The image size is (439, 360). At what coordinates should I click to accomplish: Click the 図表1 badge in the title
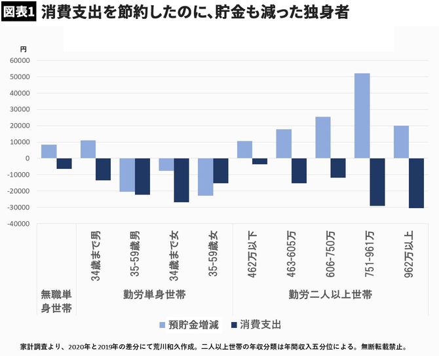tap(19, 13)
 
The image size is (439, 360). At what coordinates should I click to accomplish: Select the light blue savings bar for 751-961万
tap(362, 116)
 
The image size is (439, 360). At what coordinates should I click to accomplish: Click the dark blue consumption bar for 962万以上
tap(416, 183)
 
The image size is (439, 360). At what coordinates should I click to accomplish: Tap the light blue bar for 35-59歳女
tap(205, 177)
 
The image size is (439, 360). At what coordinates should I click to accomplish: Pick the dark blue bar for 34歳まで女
tap(181, 180)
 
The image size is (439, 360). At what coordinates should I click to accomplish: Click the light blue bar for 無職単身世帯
tap(48, 151)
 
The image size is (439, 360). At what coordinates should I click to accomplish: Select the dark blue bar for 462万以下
tap(259, 161)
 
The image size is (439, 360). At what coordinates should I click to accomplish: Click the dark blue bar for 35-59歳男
tap(142, 176)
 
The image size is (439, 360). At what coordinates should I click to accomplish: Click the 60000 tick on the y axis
tap(19, 60)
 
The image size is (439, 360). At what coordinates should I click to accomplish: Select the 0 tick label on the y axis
tap(28, 158)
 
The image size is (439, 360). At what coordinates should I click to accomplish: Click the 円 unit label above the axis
tap(24, 49)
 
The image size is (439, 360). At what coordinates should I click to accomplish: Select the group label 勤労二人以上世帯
tap(330, 294)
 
